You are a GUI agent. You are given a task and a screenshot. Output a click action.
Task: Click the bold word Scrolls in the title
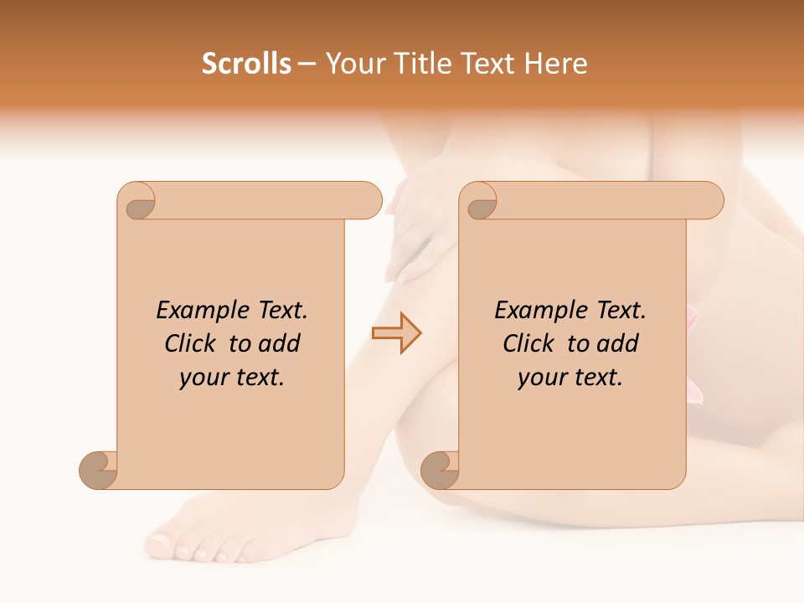[246, 64]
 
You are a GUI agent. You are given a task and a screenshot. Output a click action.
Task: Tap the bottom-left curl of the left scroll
[99, 470]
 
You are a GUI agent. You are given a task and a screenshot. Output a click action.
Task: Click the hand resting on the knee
[423, 226]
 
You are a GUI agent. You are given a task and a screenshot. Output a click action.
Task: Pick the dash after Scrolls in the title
[307, 64]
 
